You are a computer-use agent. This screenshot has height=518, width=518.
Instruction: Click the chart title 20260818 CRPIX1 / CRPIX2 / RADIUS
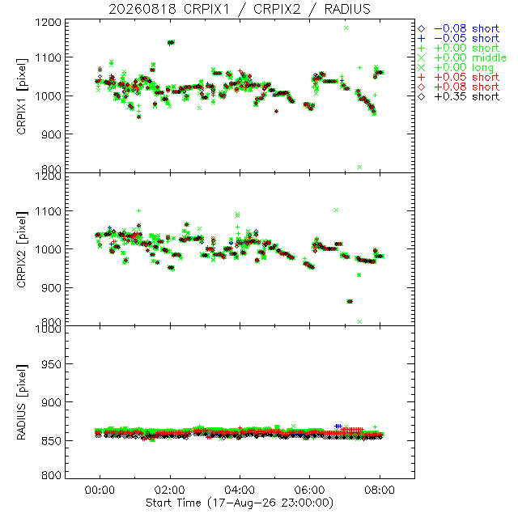[x=240, y=9]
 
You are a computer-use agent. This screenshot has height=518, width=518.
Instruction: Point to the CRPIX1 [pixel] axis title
[x=22, y=96]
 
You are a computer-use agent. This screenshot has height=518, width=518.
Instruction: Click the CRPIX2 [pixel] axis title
[x=22, y=249]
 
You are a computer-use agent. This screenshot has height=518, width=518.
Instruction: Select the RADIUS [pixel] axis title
[x=22, y=402]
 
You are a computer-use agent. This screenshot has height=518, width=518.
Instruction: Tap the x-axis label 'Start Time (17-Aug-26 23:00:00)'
[x=240, y=503]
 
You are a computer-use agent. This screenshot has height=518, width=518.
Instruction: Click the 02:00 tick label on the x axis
[x=170, y=490]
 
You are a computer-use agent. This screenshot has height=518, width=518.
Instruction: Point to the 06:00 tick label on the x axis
[x=309, y=490]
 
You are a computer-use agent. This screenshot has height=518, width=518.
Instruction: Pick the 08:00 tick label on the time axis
[x=380, y=490]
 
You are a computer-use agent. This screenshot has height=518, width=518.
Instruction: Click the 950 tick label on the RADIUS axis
[x=51, y=364]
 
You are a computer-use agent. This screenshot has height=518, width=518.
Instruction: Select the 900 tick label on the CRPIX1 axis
[x=51, y=134]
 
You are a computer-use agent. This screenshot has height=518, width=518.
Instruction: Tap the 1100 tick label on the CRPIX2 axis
[x=49, y=210]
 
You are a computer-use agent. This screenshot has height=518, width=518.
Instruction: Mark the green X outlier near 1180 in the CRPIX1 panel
[x=346, y=28]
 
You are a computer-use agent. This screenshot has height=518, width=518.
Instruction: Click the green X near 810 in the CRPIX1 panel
[x=359, y=168]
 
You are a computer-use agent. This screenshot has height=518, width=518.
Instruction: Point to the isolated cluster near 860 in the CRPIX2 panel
[x=350, y=301]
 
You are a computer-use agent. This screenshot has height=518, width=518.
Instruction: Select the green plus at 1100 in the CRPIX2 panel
[x=138, y=210]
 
